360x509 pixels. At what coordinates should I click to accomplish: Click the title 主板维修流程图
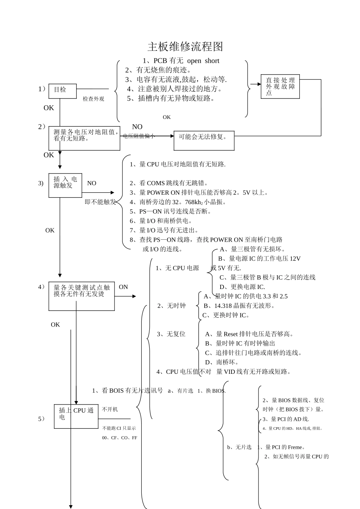[x=185, y=47]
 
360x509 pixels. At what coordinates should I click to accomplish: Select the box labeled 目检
[x=63, y=91]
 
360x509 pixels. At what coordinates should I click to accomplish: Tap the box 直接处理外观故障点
[x=280, y=87]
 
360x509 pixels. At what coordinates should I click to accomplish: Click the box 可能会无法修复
[x=204, y=141]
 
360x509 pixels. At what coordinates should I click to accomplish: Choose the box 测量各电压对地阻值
[x=84, y=138]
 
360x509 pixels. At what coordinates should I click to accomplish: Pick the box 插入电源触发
[x=65, y=185]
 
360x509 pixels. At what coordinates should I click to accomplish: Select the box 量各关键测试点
[x=81, y=296]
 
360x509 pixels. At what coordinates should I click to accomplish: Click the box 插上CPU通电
[x=76, y=416]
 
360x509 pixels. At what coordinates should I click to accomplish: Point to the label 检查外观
[x=93, y=99]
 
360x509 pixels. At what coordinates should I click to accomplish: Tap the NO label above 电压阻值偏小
[x=137, y=127]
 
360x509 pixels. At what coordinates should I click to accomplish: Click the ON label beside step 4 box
[x=124, y=287]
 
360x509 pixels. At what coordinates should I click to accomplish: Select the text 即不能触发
[x=100, y=202]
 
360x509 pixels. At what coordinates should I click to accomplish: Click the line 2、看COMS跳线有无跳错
[x=169, y=183]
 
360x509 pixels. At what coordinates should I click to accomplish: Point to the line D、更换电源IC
[x=242, y=287]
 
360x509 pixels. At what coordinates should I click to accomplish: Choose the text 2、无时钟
[x=172, y=306]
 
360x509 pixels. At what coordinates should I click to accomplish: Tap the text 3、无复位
[x=171, y=334]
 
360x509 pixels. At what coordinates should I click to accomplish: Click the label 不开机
[x=110, y=409]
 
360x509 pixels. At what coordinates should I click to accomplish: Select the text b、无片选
[x=239, y=447]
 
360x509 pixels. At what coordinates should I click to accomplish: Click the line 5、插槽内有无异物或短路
[x=171, y=98]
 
